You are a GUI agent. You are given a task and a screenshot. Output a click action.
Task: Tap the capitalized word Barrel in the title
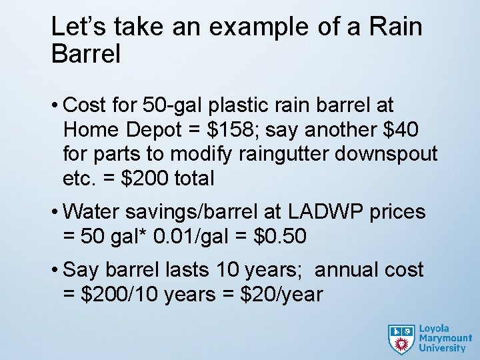[x=86, y=54]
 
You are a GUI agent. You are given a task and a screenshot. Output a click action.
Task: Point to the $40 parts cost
[x=414, y=129]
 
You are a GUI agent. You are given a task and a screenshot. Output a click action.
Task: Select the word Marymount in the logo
[x=445, y=338]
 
